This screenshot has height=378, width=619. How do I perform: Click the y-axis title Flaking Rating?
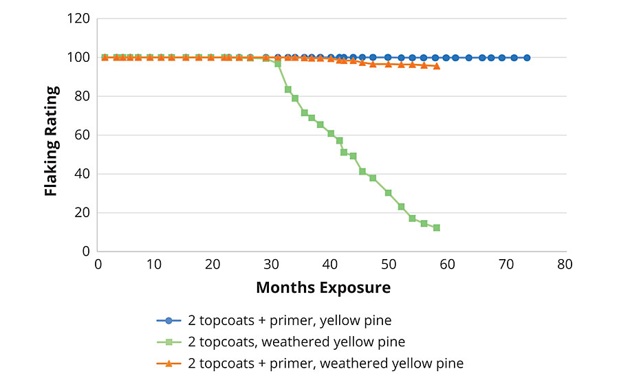pos(51,141)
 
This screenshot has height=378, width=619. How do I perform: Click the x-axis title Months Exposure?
pos(323,287)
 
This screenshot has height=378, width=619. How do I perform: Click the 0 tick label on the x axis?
pos(98,265)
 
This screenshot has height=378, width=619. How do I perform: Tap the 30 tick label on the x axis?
pos(272,265)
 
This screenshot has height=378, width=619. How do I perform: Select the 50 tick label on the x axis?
pos(389,265)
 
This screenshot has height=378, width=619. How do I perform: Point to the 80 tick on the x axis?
pos(565,265)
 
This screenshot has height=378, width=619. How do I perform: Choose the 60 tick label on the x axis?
pos(448,265)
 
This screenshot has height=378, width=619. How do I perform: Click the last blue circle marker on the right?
pos(527,58)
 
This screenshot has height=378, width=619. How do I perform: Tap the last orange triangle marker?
pos(436,66)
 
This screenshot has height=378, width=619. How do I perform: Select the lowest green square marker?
pos(436,227)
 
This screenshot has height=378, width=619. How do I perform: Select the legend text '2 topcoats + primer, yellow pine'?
pos(290,320)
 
